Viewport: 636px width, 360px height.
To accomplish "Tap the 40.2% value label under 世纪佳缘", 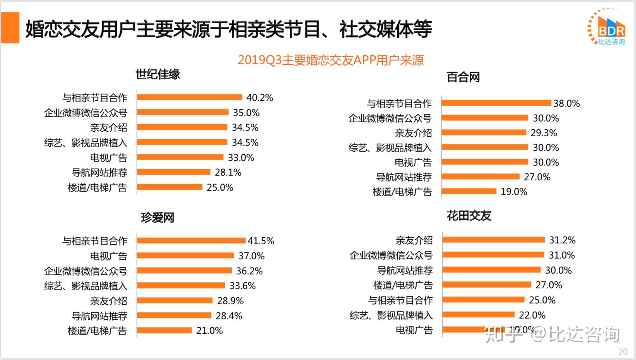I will point(260,98).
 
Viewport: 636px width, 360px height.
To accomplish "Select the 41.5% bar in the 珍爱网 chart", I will point(191,240).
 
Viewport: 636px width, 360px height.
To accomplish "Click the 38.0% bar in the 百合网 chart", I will point(496,103).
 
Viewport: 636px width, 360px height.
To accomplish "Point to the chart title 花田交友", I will point(469,216).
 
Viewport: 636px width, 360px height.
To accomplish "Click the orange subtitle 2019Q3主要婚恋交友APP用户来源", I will point(330,60).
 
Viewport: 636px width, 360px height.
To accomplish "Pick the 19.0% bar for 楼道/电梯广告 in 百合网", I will point(469,191).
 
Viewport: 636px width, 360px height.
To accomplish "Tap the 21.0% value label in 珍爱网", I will point(209,331).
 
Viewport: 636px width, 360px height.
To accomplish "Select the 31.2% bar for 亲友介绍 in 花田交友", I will point(494,240).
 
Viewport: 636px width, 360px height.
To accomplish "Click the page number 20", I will point(622,351).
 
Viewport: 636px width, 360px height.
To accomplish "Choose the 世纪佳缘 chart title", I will point(158,74).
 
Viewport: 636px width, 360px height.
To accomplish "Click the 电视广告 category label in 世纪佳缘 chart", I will point(108,158).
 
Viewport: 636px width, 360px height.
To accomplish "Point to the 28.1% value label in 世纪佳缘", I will point(228,173).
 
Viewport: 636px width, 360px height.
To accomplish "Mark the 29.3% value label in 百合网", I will point(544,133).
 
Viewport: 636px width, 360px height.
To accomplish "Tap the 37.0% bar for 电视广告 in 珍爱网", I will point(185,255).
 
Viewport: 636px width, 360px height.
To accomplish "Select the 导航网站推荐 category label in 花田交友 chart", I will point(405,270).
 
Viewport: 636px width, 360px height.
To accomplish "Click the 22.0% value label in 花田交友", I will point(532,315).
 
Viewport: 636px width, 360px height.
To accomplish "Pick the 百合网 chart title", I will point(463,77).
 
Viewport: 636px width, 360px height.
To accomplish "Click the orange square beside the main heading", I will point(10,28).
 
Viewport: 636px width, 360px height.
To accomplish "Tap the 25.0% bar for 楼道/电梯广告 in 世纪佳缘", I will point(169,187).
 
